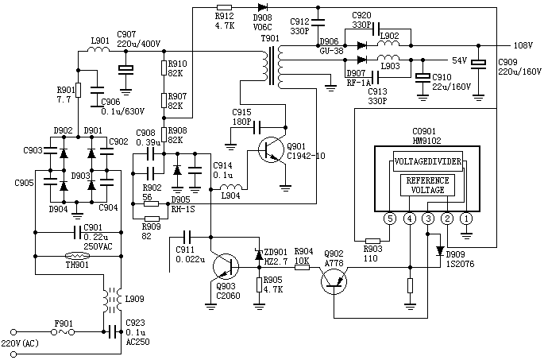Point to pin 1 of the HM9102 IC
[466, 217]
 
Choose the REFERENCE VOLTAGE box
[428, 184]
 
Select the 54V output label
[459, 60]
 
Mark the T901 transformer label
[270, 38]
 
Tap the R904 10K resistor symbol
[302, 267]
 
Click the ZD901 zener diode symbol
[258, 255]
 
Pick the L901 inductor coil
[100, 52]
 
